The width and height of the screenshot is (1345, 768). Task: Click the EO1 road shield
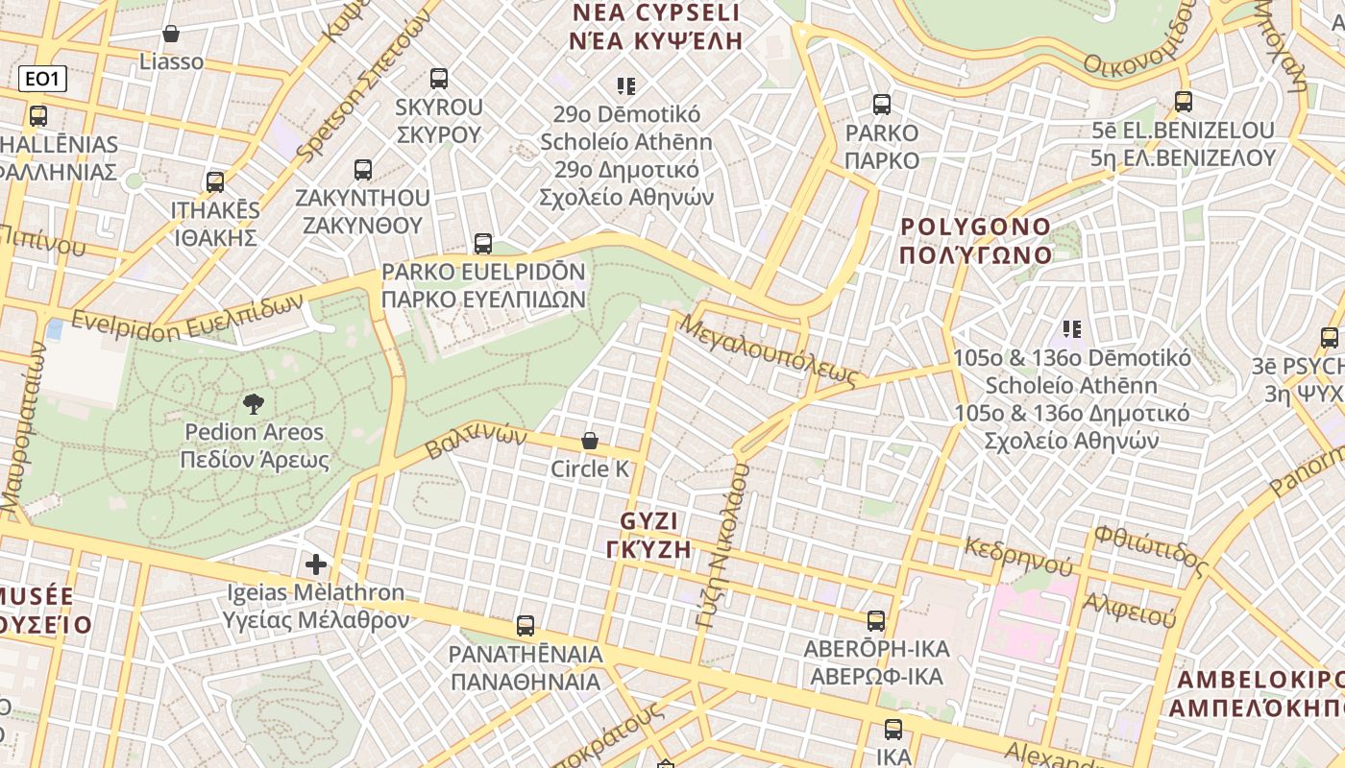coord(42,79)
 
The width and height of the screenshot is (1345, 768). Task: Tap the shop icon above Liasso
coord(171,35)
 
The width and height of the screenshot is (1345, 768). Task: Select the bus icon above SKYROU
coord(439,79)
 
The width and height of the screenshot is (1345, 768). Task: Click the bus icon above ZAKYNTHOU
coord(362,170)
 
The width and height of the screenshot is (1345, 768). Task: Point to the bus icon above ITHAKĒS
coord(215,181)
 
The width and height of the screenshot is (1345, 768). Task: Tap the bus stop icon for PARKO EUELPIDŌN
coord(483,244)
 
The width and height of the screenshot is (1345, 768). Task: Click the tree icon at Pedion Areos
coord(254,404)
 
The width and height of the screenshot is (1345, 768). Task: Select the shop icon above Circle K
coord(590,442)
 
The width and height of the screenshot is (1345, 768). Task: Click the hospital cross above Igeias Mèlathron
coord(316,564)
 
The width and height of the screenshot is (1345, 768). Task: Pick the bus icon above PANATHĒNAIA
coord(526,626)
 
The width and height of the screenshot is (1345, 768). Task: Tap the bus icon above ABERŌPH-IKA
coord(876,621)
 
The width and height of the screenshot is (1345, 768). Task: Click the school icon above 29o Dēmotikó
coord(626,86)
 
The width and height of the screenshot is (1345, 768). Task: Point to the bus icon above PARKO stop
coord(882,105)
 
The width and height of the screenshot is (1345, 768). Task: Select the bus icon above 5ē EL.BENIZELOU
coord(1184,102)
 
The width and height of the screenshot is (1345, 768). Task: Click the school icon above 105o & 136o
coord(1072,330)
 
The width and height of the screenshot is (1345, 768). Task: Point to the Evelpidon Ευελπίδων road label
coord(187,319)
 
